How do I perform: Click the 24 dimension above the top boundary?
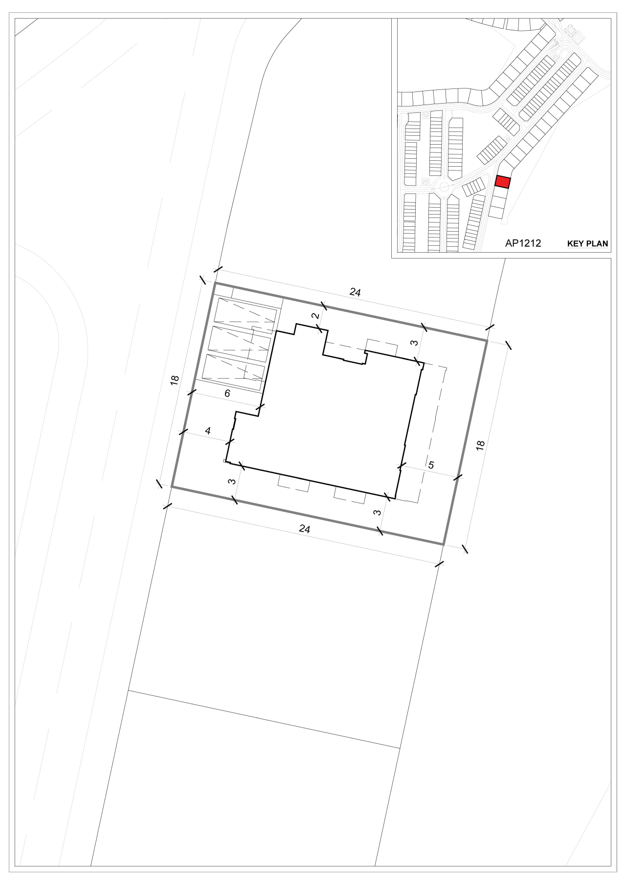click(x=355, y=293)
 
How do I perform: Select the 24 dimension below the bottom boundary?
click(x=304, y=529)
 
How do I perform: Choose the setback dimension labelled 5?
click(x=430, y=465)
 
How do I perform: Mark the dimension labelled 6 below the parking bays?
click(x=227, y=393)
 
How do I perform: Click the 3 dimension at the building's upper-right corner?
click(x=414, y=343)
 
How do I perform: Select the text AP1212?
click(x=523, y=243)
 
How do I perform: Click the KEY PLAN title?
click(x=587, y=243)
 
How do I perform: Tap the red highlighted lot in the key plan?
click(x=502, y=182)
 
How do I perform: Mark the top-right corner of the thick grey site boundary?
click(x=487, y=340)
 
